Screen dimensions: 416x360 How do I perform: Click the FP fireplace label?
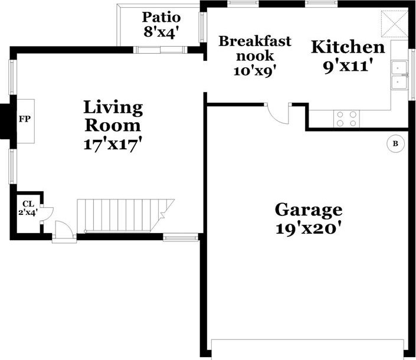point(25,119)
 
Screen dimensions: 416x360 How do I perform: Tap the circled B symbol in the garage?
point(395,144)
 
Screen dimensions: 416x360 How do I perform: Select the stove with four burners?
point(346,119)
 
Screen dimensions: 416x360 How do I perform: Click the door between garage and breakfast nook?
point(277,113)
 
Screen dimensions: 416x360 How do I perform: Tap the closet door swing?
point(47,214)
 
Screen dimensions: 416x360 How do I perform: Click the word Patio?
point(161,17)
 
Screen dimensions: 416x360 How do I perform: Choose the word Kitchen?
point(348,47)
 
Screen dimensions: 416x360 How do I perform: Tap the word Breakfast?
point(255,41)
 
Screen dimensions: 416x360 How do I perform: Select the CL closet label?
point(28,204)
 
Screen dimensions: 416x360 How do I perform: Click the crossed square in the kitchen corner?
point(395,24)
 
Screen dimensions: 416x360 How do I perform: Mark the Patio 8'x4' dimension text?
point(160,32)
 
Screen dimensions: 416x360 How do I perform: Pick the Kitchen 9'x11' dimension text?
point(346,66)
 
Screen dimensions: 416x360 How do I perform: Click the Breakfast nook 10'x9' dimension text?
point(253,71)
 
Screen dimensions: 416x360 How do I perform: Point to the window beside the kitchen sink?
point(412,74)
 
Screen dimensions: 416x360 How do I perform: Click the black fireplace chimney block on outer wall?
point(5,121)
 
